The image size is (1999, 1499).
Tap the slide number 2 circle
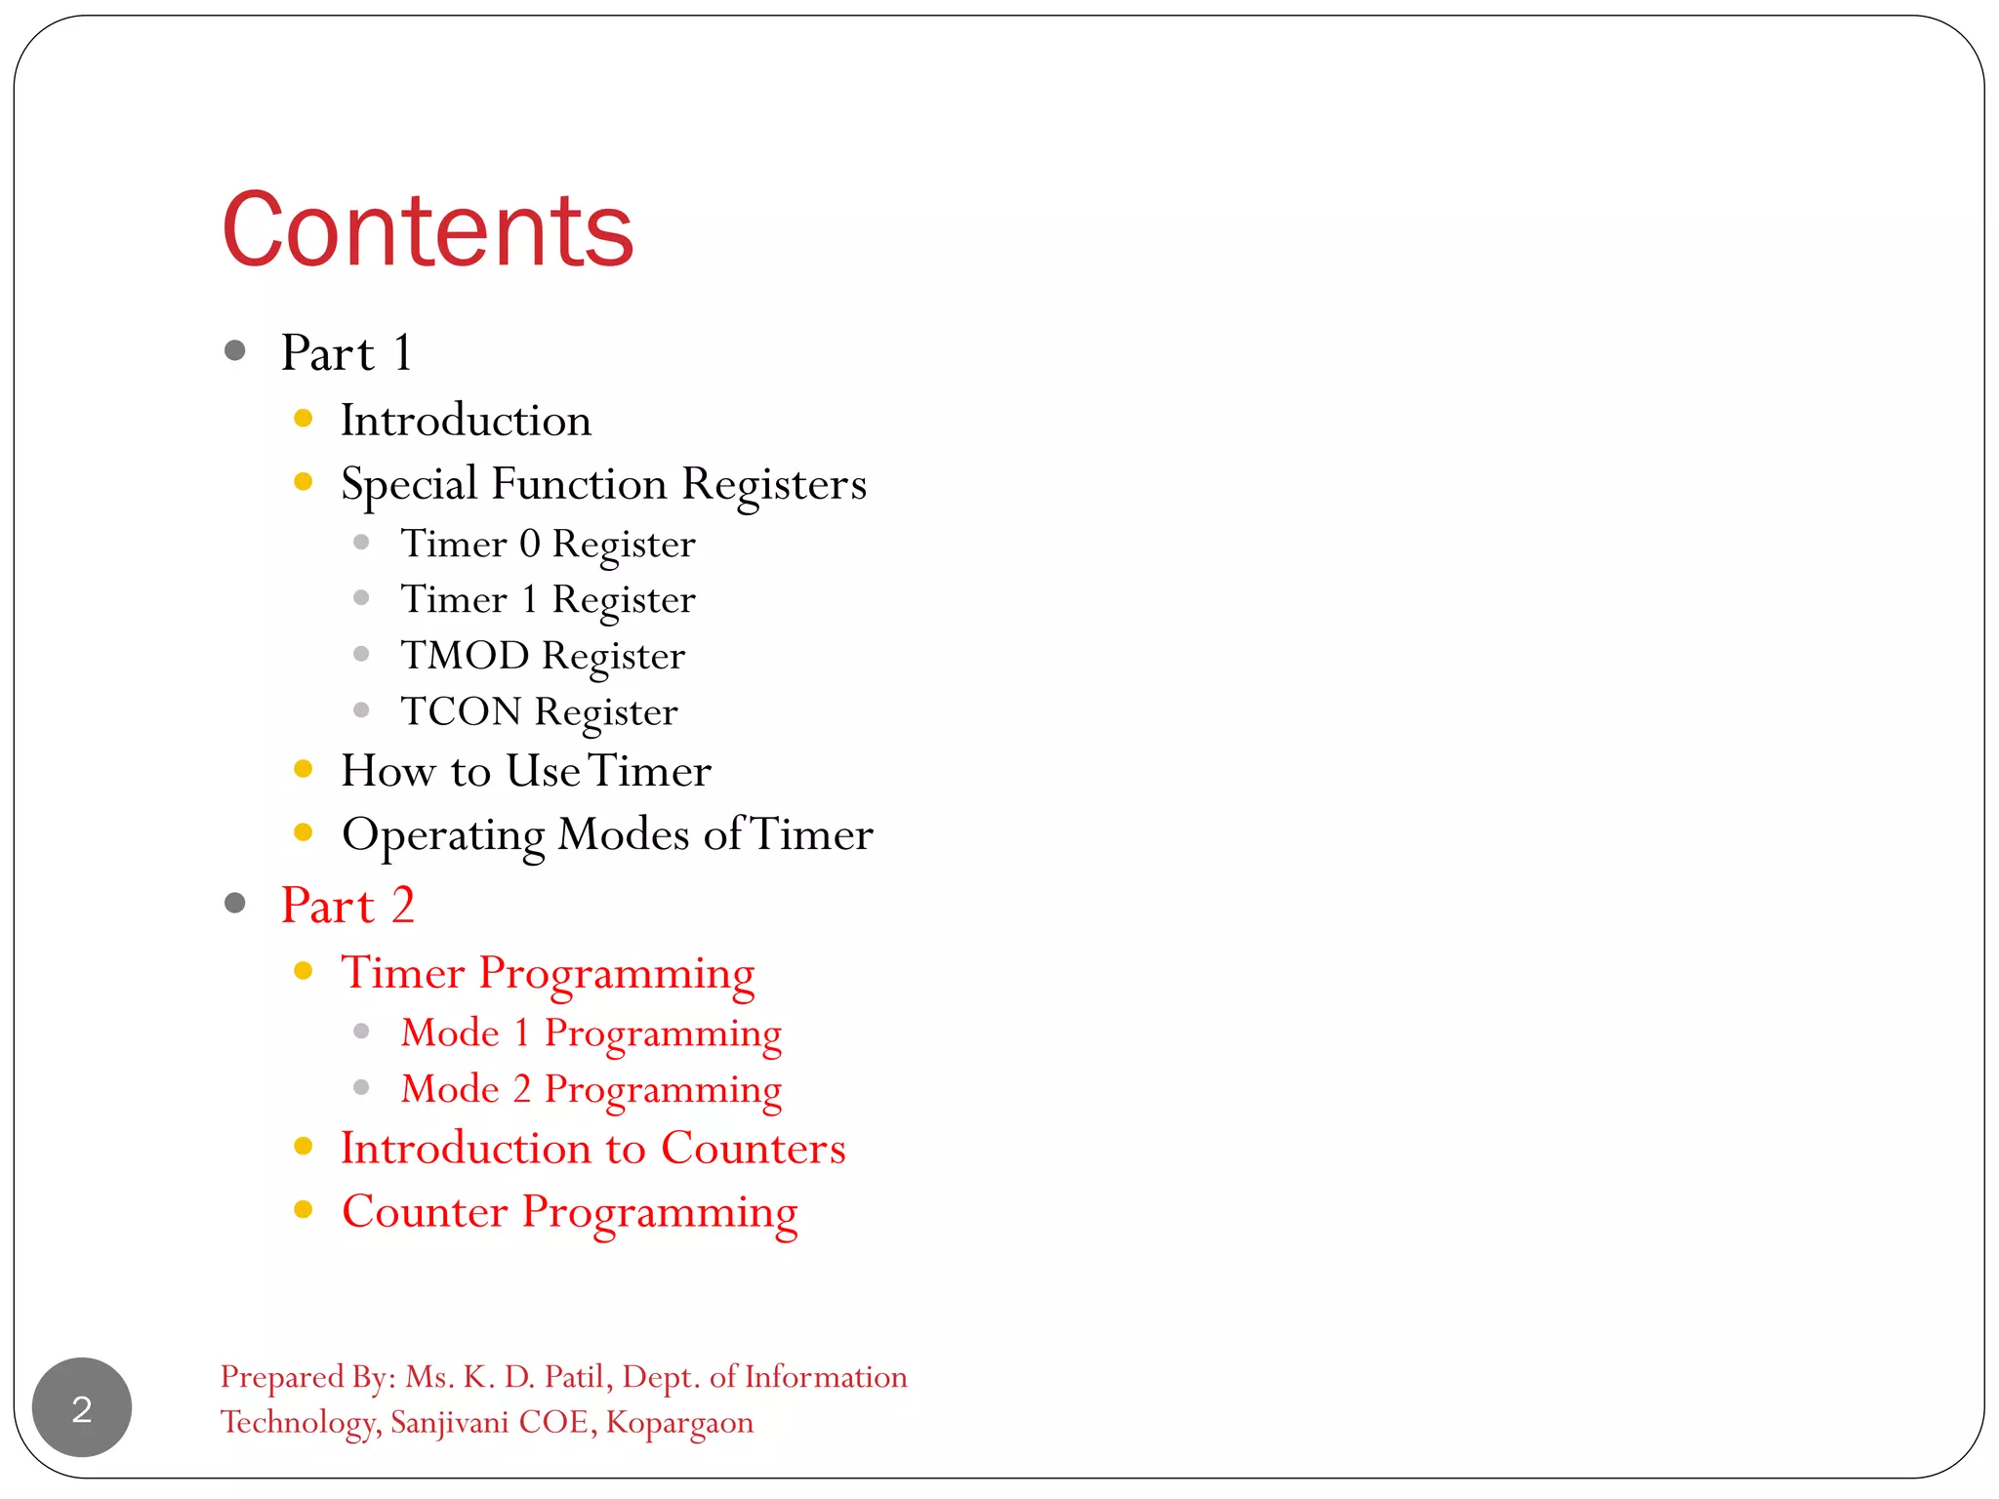tap(82, 1407)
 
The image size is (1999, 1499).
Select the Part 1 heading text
tap(347, 352)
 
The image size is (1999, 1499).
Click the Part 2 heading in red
tap(347, 905)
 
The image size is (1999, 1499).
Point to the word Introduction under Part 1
tap(466, 421)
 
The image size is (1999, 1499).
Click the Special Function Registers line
tap(603, 484)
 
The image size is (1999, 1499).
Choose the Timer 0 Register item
tap(548, 544)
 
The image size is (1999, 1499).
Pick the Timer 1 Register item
tap(548, 599)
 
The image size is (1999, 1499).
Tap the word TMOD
tap(465, 655)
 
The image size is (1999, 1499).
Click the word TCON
tap(461, 711)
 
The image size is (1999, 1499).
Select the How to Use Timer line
tap(525, 771)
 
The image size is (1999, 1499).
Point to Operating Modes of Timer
tap(607, 834)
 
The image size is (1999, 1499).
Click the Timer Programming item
tap(548, 973)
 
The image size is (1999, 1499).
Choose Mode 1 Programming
tap(591, 1033)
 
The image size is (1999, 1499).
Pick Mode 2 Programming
tap(591, 1089)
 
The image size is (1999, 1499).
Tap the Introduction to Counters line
tap(592, 1149)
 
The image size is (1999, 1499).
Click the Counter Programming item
tap(569, 1212)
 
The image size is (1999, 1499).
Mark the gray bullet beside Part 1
tap(234, 350)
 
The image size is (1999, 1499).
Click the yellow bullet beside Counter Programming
tap(304, 1210)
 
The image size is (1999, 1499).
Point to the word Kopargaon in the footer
tap(679, 1423)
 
